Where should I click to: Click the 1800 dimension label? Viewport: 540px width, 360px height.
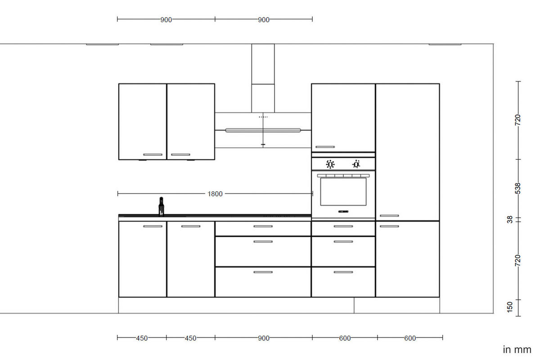coord(215,194)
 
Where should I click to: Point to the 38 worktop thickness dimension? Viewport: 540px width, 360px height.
coord(509,220)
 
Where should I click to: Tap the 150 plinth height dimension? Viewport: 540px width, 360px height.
coord(509,307)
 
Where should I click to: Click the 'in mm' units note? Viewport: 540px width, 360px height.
coord(517,350)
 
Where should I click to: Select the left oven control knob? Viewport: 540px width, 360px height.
coord(330,164)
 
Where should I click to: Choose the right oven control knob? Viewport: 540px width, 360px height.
coord(356,164)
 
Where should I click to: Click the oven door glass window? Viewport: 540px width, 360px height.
coord(343,191)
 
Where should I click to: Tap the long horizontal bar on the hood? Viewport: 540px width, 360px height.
coord(263,130)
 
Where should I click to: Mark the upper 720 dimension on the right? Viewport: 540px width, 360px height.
coord(517,120)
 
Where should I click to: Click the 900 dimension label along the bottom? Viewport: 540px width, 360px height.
coord(264,338)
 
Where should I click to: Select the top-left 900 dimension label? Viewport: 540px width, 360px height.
coord(166,20)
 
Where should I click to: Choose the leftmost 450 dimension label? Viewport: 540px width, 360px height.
coord(142,338)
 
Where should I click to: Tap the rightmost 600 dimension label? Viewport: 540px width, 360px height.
coord(410,338)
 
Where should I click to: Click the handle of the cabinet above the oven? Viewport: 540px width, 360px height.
coord(325,147)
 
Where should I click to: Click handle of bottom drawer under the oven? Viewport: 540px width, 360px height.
coord(343,272)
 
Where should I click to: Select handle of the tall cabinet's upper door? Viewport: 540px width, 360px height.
coord(389,216)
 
